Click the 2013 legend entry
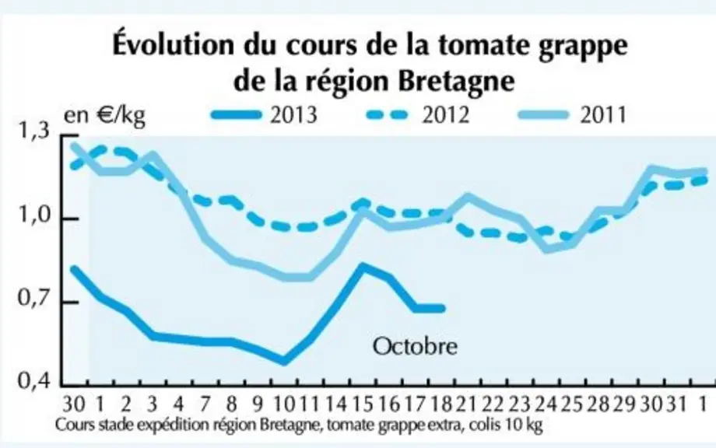click(264, 115)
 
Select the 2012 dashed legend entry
click(418, 115)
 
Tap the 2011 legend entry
click(573, 115)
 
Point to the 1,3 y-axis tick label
click(33, 131)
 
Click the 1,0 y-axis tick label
click(33, 215)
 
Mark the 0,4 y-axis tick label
click(33, 380)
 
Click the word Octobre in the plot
click(415, 346)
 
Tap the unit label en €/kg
click(104, 116)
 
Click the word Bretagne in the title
click(456, 80)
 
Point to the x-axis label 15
click(362, 404)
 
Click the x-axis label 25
click(570, 404)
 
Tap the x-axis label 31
click(676, 404)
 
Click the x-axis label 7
click(205, 404)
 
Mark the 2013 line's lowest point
click(283, 362)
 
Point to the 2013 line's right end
click(442, 309)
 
